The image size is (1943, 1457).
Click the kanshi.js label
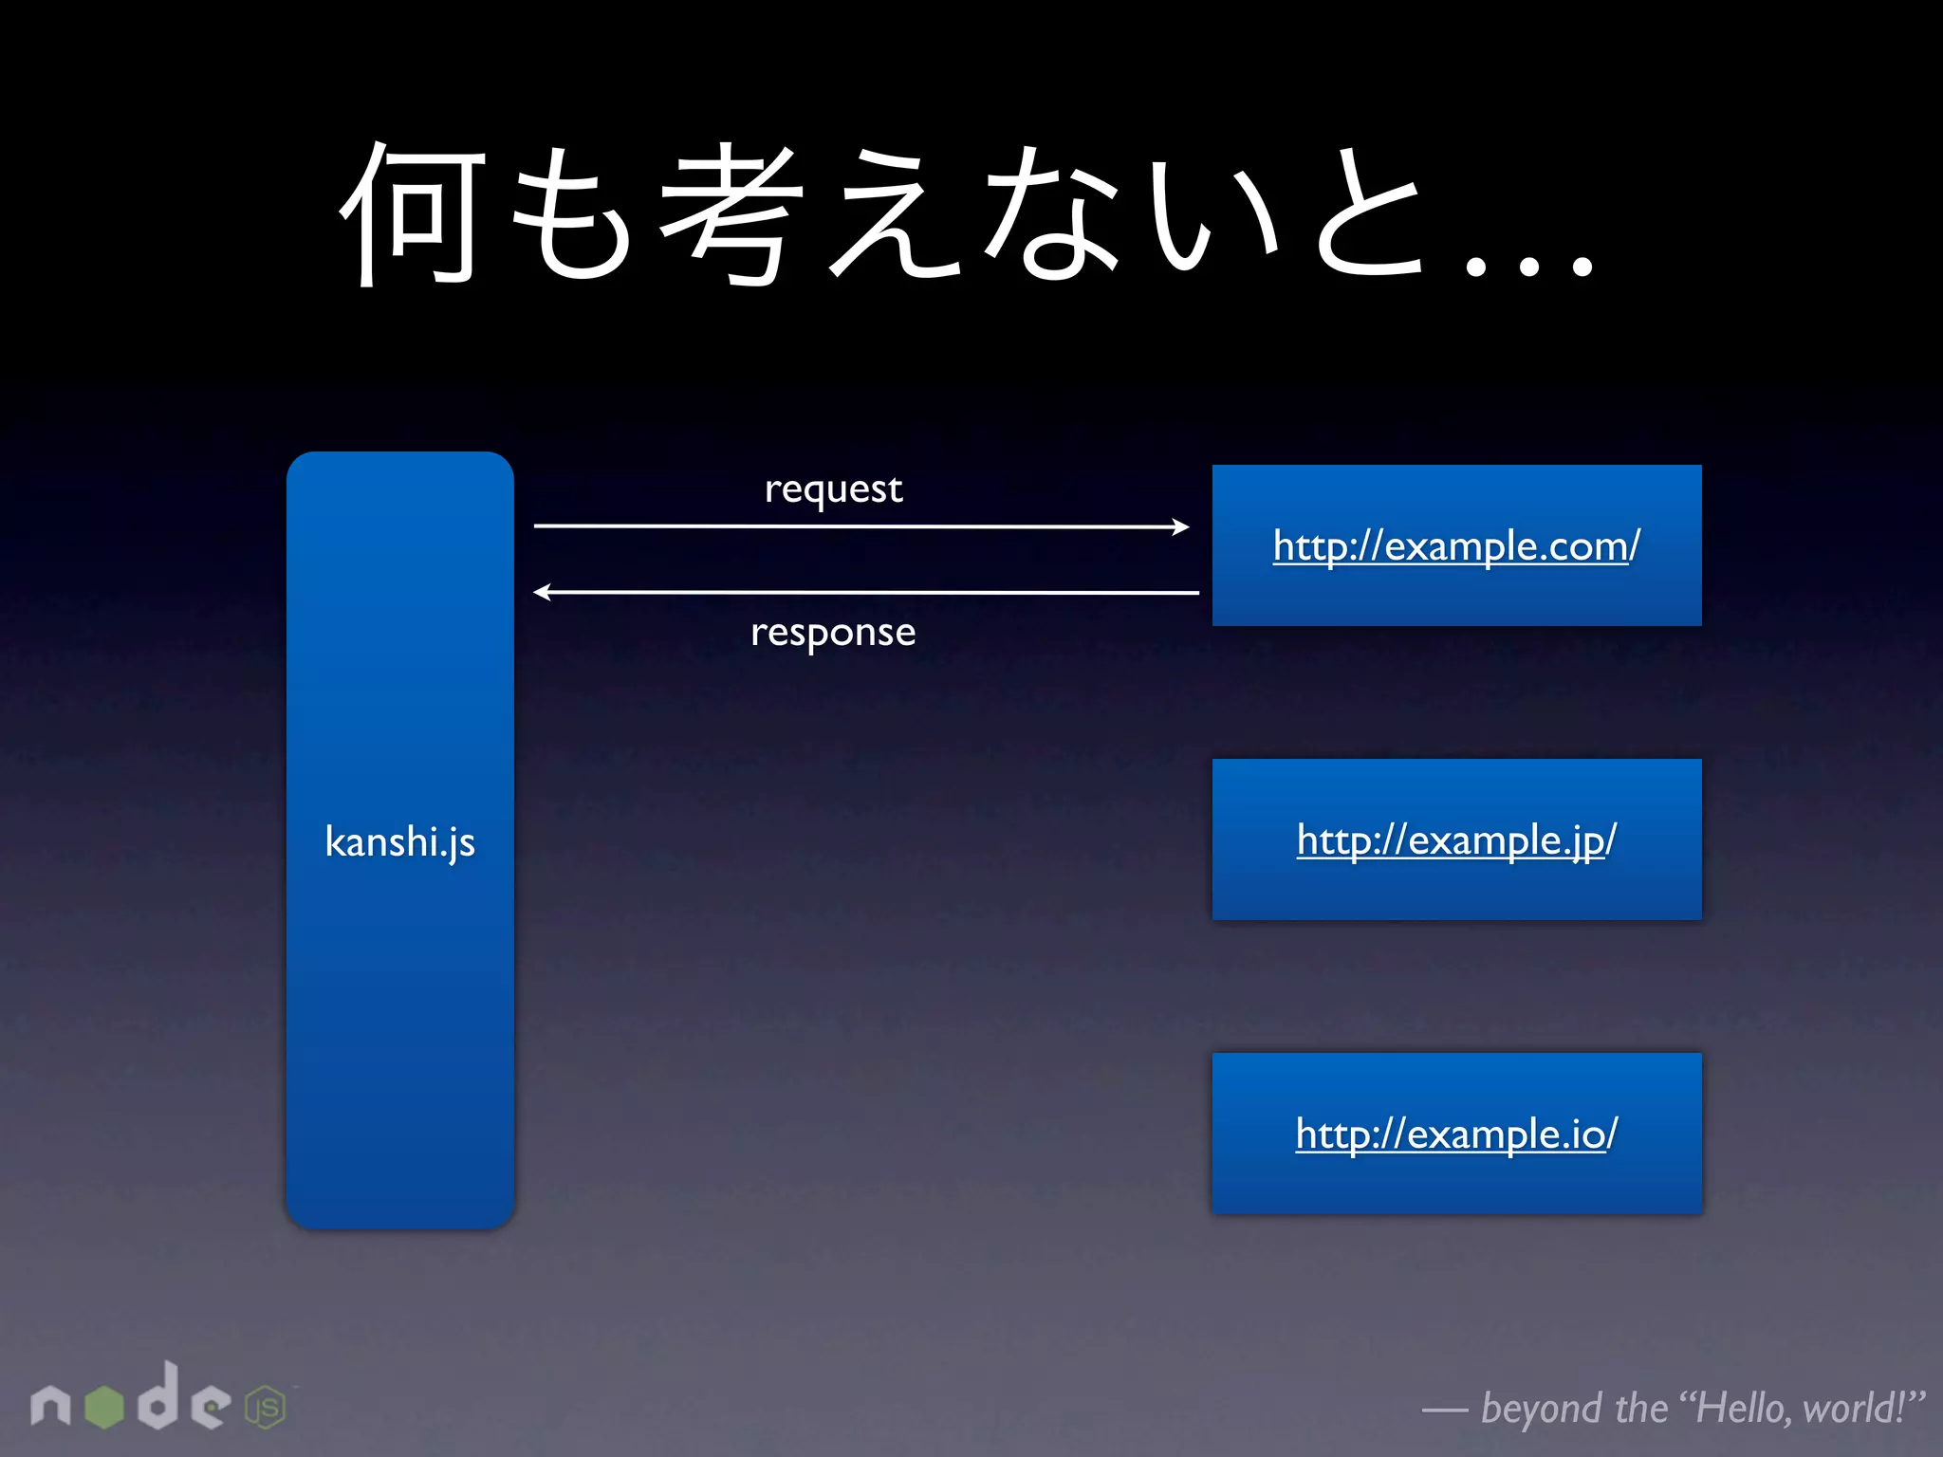tap(399, 841)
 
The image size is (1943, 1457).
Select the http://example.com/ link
tap(1456, 546)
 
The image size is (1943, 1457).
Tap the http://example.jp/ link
tap(1456, 840)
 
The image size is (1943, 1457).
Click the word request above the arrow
tap(833, 489)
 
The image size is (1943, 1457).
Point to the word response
tap(833, 633)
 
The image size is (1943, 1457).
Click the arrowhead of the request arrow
tap(1181, 526)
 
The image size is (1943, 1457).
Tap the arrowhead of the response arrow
tap(543, 593)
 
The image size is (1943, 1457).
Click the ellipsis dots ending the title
tap(1528, 267)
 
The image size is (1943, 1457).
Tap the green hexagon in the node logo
tap(104, 1407)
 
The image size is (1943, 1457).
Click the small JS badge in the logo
tap(266, 1408)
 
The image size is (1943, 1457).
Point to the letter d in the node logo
tap(158, 1397)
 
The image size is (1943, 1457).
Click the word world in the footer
tap(1855, 1408)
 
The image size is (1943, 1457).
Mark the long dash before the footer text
tap(1445, 1411)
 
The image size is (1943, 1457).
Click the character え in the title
tap(893, 214)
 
